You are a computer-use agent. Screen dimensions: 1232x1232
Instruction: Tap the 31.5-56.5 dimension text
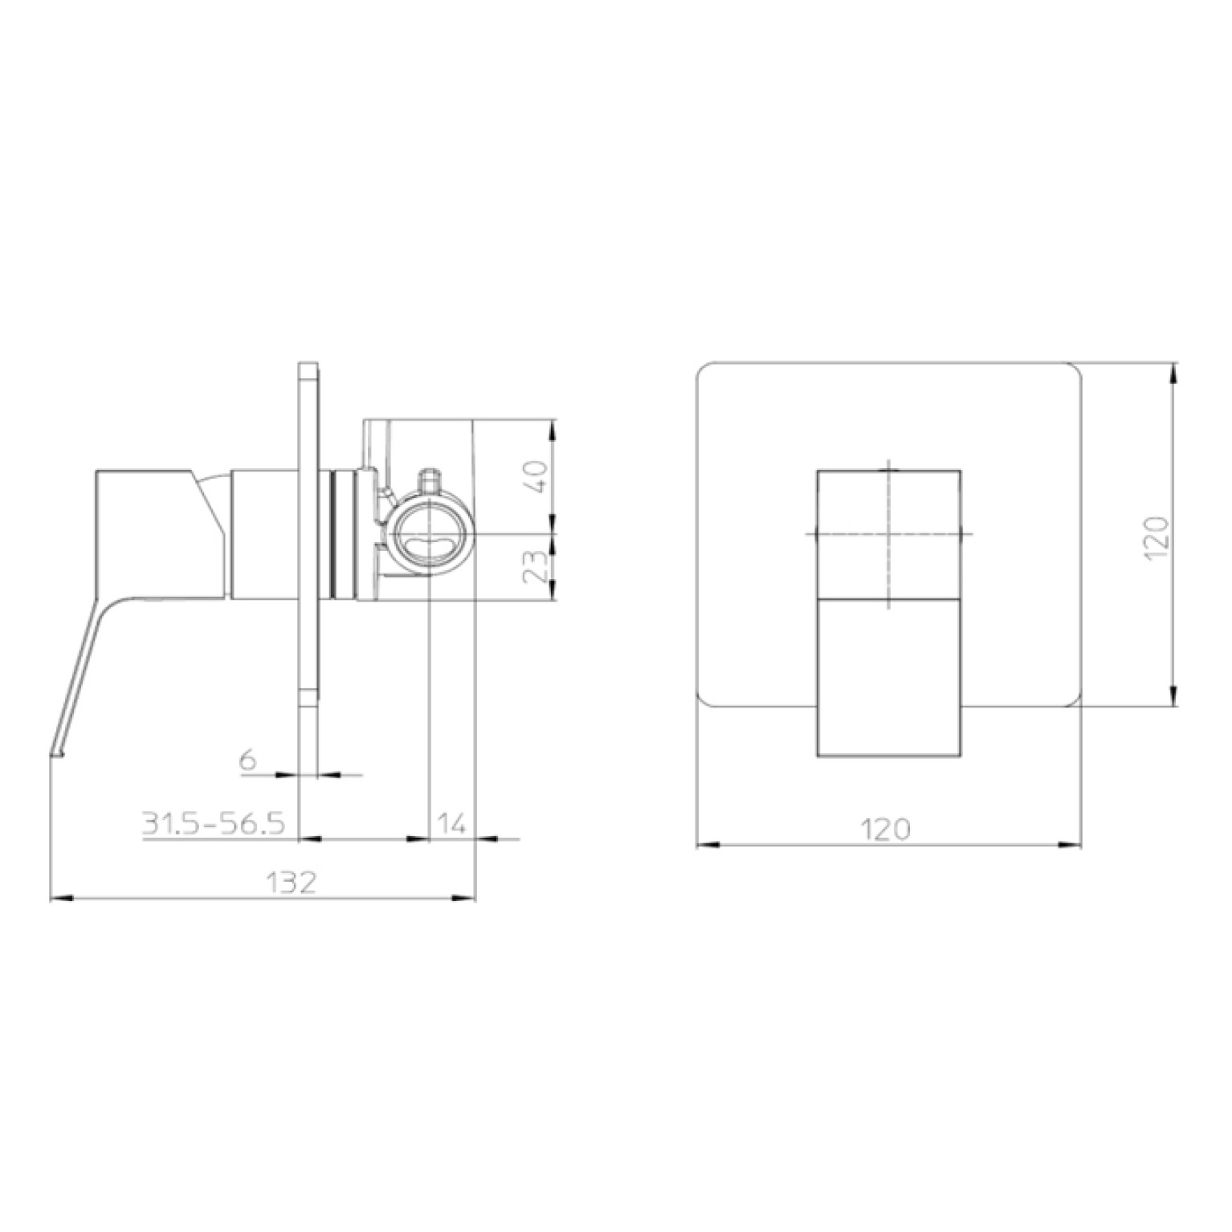(214, 823)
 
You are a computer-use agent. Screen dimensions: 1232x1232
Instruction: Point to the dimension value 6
(248, 759)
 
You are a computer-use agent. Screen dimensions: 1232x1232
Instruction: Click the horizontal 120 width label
(887, 828)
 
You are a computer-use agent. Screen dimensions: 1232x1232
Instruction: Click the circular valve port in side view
(431, 536)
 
